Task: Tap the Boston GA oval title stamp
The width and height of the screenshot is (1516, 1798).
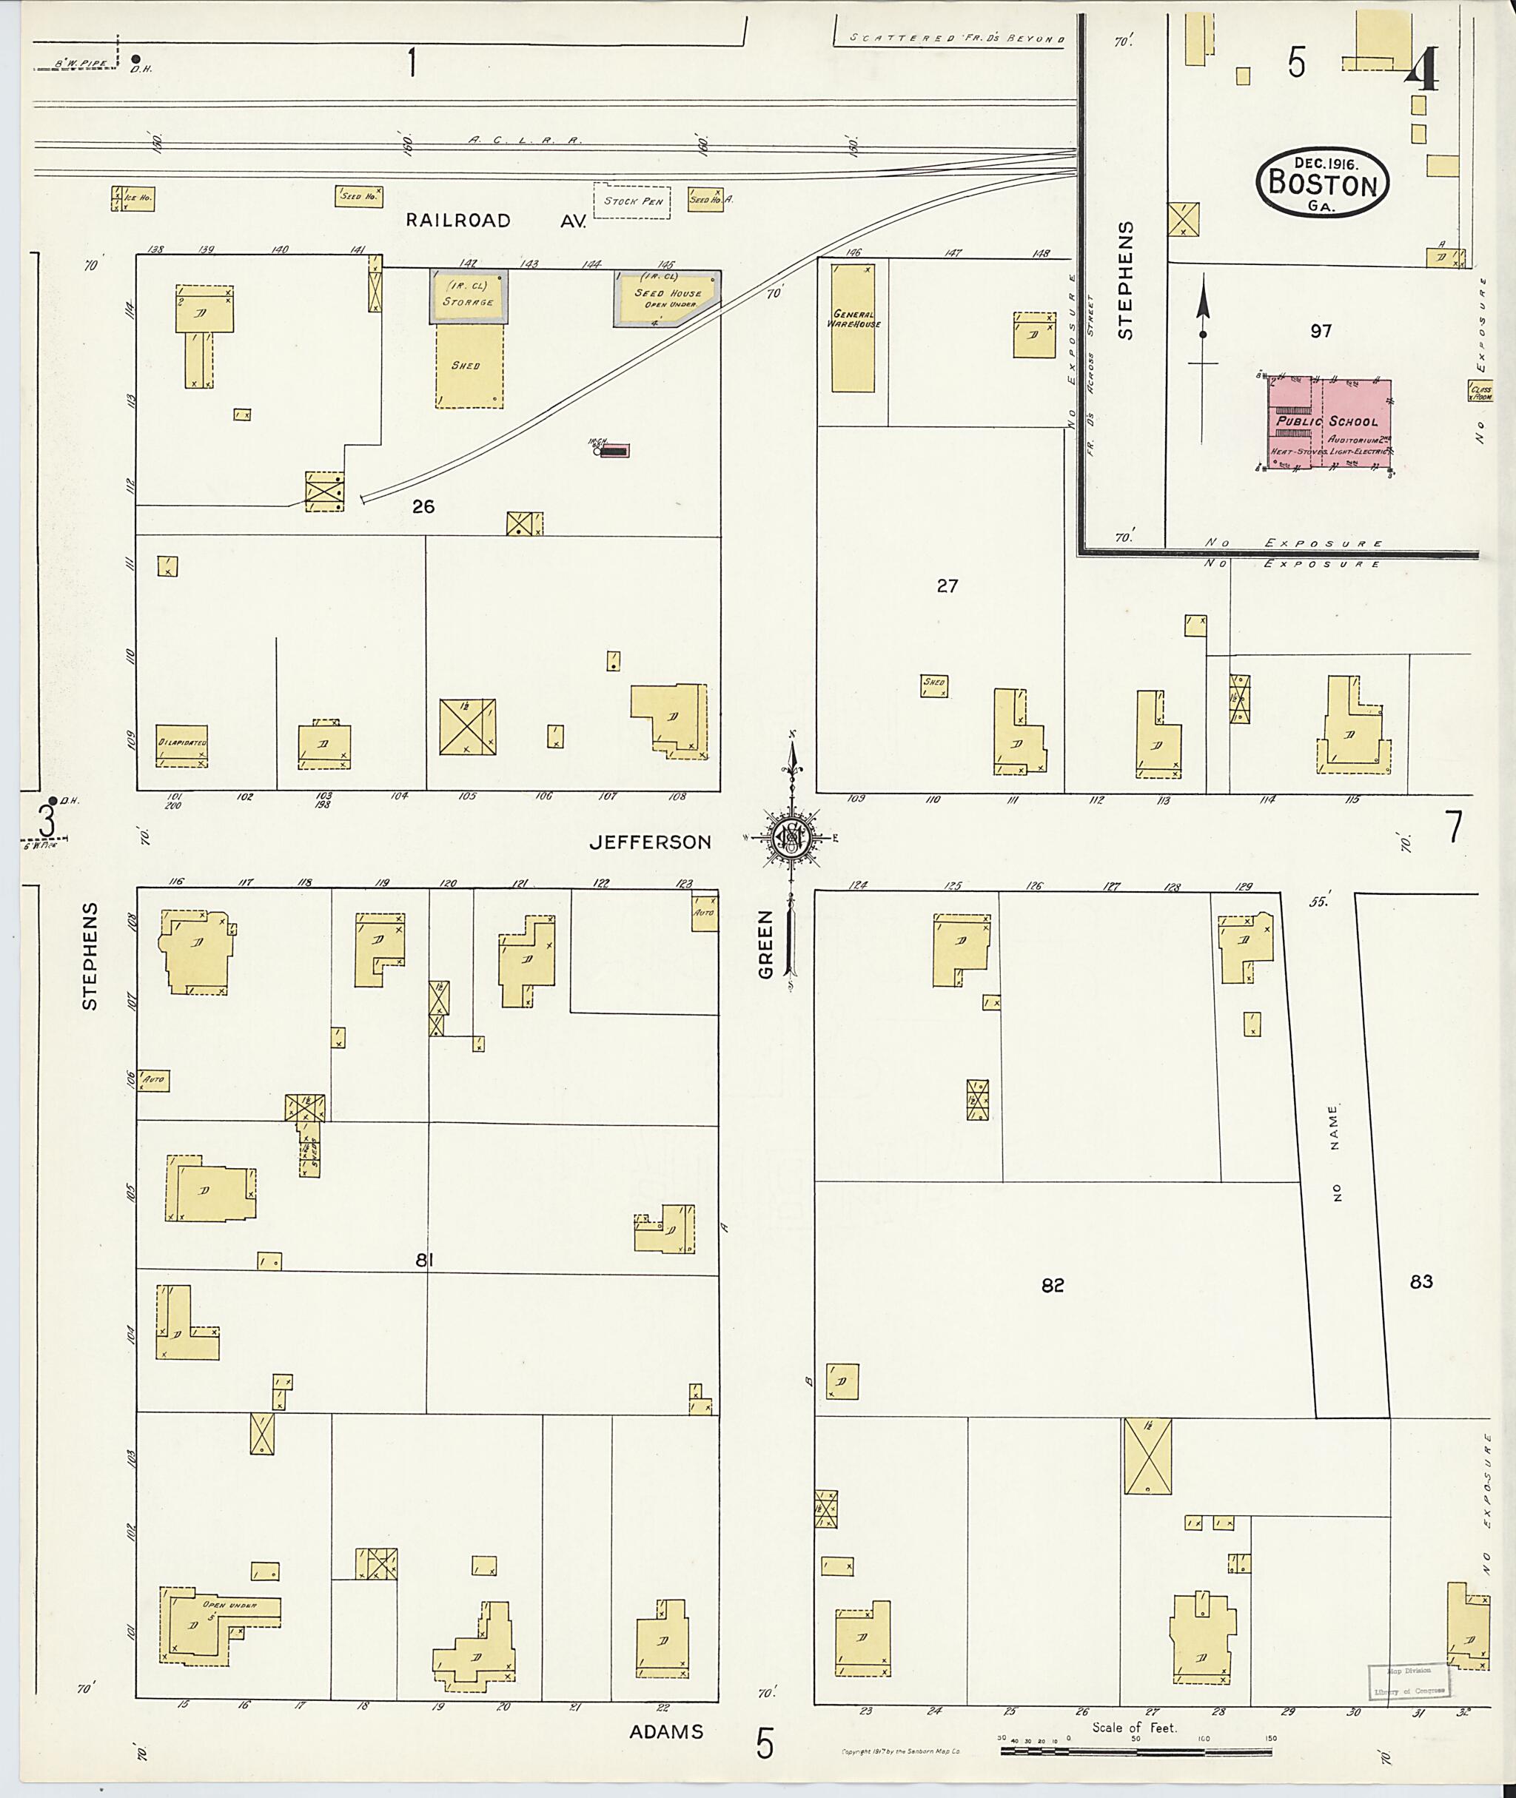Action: (1323, 181)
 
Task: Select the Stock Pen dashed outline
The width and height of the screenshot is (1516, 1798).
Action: (631, 201)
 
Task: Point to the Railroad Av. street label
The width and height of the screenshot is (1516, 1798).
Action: (496, 221)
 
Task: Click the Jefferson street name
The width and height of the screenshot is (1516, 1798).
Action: (651, 842)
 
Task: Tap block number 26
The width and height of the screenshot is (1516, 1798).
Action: (423, 507)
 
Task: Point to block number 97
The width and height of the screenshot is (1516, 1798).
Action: (1321, 331)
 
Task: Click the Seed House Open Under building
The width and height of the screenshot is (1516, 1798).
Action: (667, 298)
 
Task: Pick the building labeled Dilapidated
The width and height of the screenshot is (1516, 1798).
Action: (181, 746)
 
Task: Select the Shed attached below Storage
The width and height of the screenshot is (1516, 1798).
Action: (469, 365)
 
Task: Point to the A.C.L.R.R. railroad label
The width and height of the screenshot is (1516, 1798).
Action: (525, 138)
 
